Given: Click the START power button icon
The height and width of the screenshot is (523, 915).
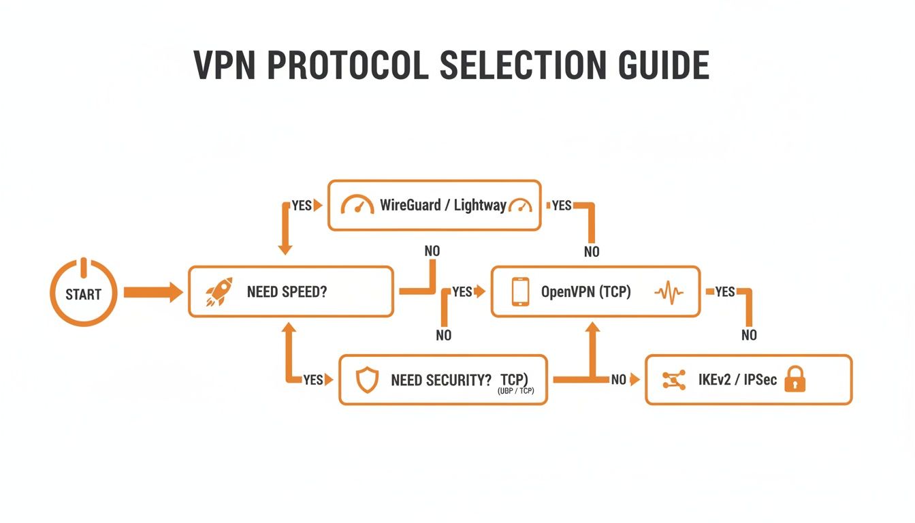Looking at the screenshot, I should coord(84,292).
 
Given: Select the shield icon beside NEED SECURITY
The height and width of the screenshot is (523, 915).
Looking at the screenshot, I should coord(367,380).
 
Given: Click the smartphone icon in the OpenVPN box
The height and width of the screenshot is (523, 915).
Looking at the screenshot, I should coord(520,291).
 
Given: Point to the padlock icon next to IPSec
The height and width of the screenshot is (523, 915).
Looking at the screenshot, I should coord(794,379).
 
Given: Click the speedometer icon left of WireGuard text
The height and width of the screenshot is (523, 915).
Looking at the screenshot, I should coord(357,205).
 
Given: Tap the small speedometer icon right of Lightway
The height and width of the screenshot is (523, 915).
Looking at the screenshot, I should coord(521,205).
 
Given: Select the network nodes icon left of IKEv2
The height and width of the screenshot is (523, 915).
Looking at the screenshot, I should coord(673,380).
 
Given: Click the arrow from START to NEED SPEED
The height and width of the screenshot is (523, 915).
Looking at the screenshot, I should coord(152,293).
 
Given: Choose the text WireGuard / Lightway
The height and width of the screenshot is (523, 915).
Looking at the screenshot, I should coord(443,205).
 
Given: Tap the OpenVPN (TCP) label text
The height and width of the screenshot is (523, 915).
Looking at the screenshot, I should coord(585,292).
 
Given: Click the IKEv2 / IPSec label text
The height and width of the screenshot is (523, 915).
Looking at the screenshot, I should coord(737,380).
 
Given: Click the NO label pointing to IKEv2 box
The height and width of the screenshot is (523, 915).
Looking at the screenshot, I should coord(618,380).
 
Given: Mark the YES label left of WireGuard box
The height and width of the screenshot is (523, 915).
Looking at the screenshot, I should coord(301,206).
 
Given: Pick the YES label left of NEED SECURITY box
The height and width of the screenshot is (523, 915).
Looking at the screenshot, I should coord(312,380).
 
